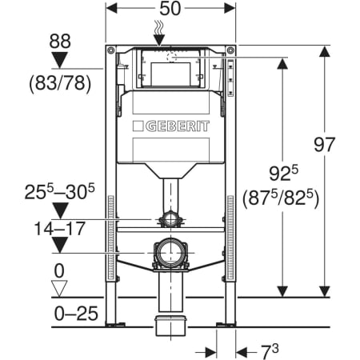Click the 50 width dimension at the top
point(170,9)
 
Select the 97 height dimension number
point(324,145)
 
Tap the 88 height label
point(60,41)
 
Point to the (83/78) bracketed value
point(60,83)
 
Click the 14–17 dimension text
point(60,229)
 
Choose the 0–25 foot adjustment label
point(76,314)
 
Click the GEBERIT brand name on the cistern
point(178,126)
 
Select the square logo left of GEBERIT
point(138,126)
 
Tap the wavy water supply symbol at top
point(160,28)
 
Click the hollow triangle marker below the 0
point(59,288)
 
